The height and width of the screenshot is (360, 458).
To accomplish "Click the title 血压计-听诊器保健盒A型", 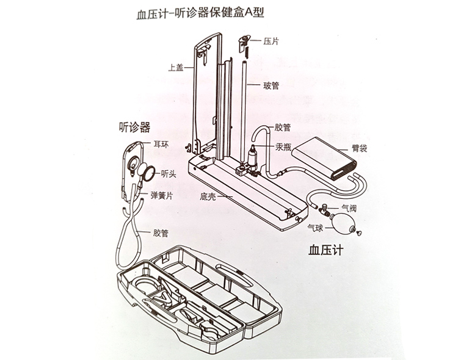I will point(194,13).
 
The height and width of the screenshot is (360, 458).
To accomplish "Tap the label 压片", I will point(271,42).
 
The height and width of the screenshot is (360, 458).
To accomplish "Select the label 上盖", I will point(176,68).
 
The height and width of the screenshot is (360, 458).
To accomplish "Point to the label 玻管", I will point(271,85).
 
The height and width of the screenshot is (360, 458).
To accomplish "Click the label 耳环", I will point(162,145).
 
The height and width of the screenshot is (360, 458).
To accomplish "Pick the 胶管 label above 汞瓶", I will point(283,128).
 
